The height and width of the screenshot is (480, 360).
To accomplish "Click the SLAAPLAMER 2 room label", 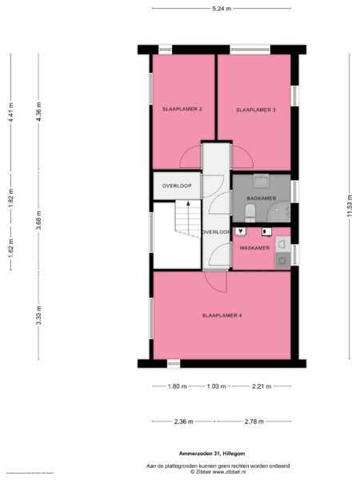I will tap(182, 108).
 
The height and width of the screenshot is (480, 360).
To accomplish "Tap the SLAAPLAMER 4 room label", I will tap(222, 315).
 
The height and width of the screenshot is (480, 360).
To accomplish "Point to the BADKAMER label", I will tap(262, 197).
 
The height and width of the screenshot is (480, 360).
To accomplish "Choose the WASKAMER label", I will tap(254, 248).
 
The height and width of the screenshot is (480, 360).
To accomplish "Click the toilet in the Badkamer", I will tap(250, 210).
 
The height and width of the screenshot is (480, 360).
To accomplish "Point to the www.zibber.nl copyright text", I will tap(222, 470).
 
